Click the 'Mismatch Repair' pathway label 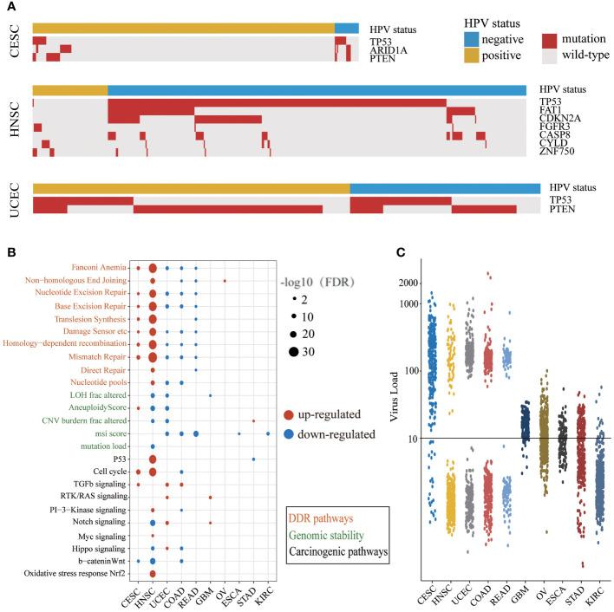point(88,356)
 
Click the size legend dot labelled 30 point(284,352)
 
